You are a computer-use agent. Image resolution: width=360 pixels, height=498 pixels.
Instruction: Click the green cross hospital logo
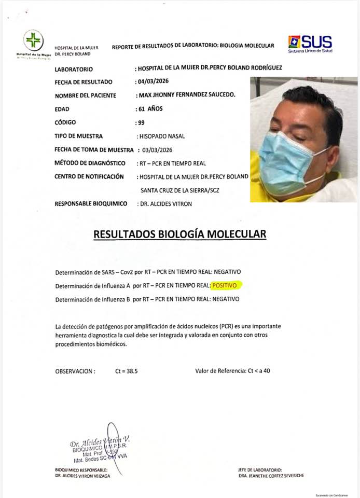click(x=33, y=40)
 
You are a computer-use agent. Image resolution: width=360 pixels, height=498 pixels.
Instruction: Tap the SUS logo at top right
click(x=310, y=43)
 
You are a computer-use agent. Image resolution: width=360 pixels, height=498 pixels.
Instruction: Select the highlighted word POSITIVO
click(x=227, y=285)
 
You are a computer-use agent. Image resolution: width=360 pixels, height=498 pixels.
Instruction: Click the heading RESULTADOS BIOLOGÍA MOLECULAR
click(x=179, y=234)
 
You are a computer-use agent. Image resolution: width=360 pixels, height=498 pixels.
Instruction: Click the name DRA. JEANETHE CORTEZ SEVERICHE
click(x=271, y=476)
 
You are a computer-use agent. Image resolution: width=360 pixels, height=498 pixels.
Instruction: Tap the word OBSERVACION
click(x=75, y=371)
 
